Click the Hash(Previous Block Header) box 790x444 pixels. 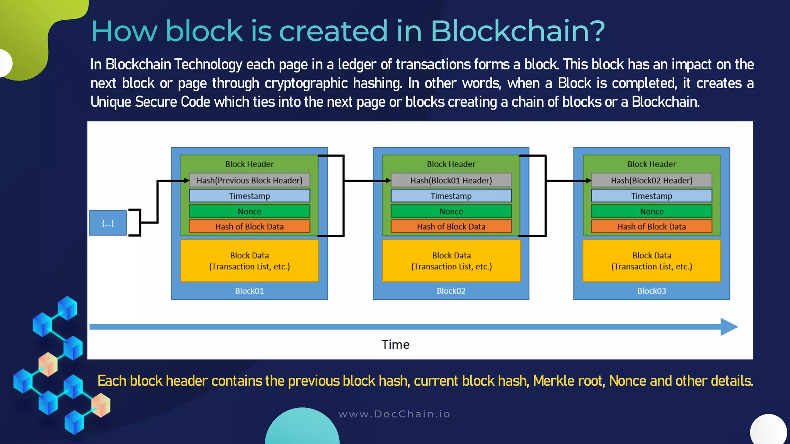(249, 180)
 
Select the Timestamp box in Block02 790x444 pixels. (451, 196)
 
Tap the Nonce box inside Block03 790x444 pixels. (652, 211)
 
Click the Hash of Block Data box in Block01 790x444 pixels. (249, 227)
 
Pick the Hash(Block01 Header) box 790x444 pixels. (451, 180)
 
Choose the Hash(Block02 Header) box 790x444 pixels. (652, 180)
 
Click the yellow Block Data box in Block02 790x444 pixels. (451, 261)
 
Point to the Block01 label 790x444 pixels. (249, 291)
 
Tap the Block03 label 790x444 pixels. (652, 291)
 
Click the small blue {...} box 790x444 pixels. (108, 223)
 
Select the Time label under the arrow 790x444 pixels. (395, 344)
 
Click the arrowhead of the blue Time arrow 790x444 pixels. (728, 327)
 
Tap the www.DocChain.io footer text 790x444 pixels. (394, 414)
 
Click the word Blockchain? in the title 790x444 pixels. (517, 31)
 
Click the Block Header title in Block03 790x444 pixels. (652, 164)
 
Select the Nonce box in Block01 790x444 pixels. (249, 211)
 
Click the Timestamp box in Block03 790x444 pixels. (652, 196)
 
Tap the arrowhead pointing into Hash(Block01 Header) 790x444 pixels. (388, 181)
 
